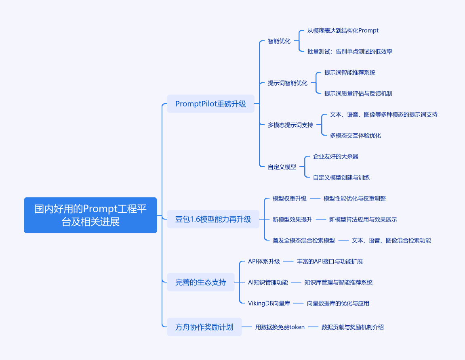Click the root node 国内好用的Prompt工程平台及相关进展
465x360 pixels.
[x=90, y=215]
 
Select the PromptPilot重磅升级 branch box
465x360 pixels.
[x=210, y=104]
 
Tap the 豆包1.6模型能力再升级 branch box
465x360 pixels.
[x=213, y=219]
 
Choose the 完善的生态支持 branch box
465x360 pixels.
[x=201, y=282]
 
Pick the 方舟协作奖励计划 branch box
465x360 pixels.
[x=204, y=327]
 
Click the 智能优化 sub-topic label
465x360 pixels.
[x=279, y=41]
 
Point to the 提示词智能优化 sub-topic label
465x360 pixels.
[x=288, y=83]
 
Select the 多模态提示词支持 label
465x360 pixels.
[x=290, y=125]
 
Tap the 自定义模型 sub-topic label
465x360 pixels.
[x=282, y=167]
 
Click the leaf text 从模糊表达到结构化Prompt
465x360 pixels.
[x=343, y=31]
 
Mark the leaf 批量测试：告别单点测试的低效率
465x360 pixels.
[x=349, y=52]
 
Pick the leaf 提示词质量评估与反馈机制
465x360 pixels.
[x=358, y=94]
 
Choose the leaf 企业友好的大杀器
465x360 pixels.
[x=336, y=157]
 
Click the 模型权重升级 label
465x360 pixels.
[x=289, y=199]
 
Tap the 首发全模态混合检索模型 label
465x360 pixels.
[x=304, y=240]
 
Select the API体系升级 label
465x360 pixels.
[x=264, y=262]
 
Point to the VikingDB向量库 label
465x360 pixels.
[x=269, y=303]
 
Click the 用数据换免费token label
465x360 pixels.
[x=280, y=327]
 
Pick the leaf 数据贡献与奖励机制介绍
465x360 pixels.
[x=353, y=327]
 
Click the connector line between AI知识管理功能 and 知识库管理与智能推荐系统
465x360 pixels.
[x=296, y=282]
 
